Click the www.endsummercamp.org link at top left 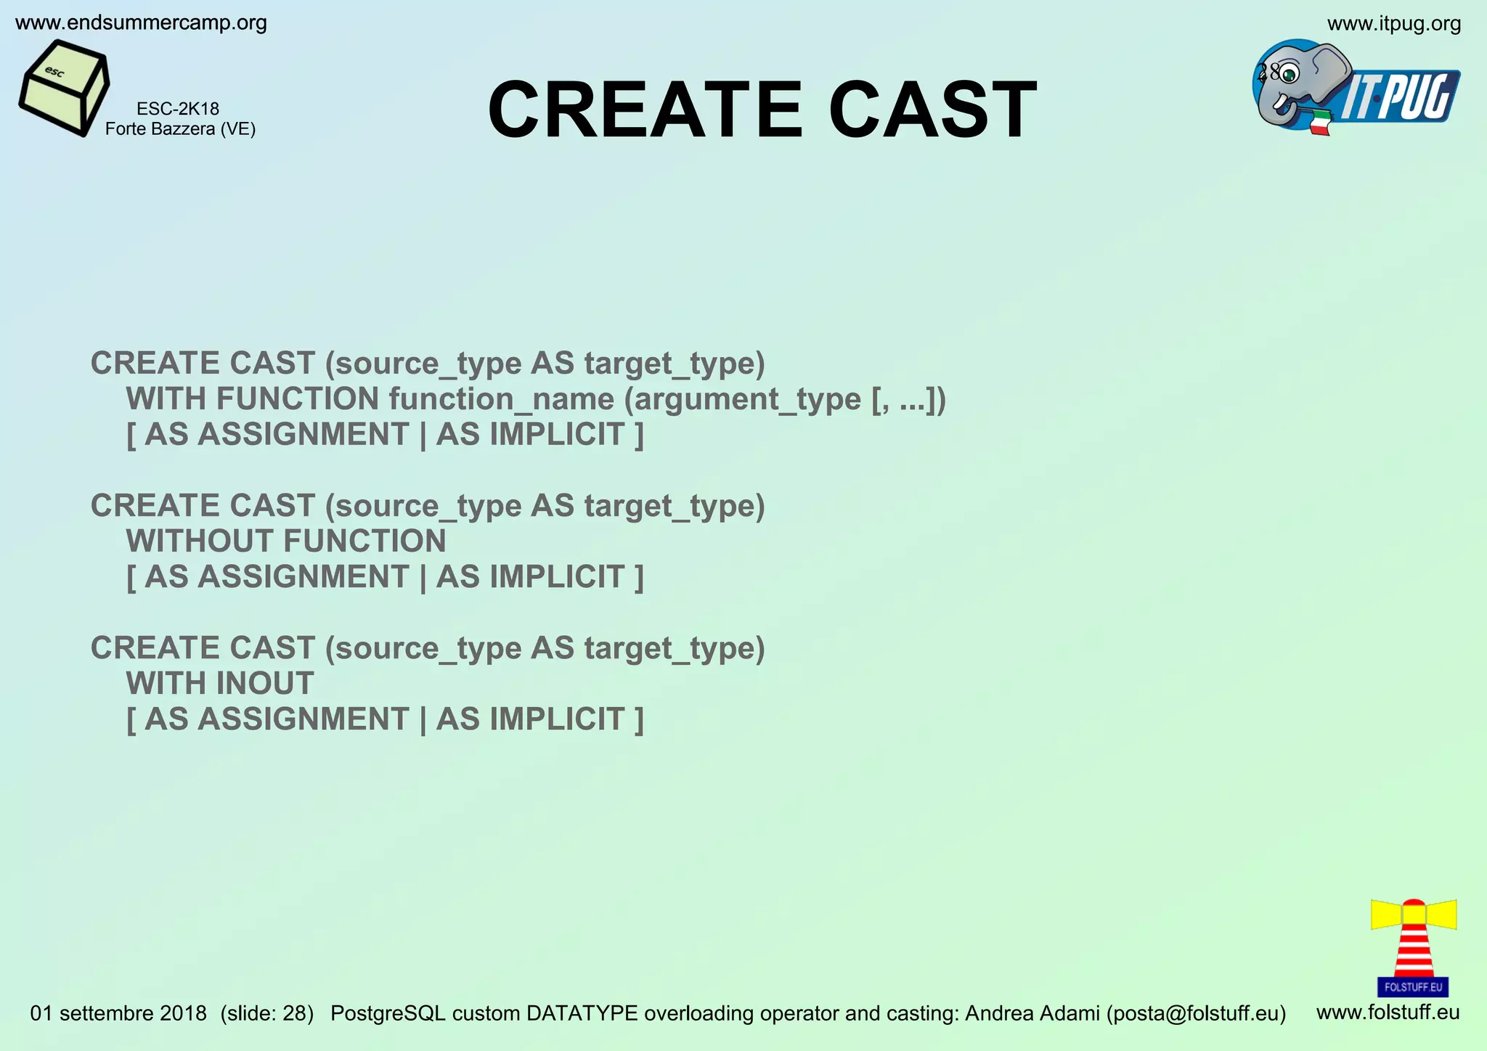click(x=141, y=23)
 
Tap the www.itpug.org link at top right click(x=1394, y=24)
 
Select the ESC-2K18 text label click(x=178, y=109)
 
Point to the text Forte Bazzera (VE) click(x=180, y=129)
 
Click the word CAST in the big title click(x=932, y=110)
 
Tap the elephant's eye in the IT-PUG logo click(x=1290, y=73)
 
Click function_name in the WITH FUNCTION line click(x=501, y=399)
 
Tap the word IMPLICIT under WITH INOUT click(x=557, y=719)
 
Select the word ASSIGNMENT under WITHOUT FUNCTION click(x=303, y=577)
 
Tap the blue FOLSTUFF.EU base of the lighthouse click(x=1413, y=987)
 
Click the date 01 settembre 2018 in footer click(x=118, y=1013)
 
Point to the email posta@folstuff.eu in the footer click(x=1196, y=1013)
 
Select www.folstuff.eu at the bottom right click(x=1388, y=1013)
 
